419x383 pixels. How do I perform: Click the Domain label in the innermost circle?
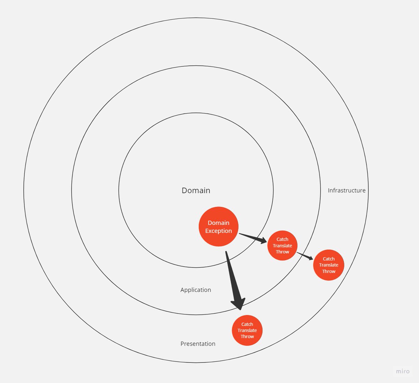tap(196, 190)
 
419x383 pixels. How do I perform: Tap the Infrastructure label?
tap(346, 190)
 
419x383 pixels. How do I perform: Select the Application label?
tap(196, 290)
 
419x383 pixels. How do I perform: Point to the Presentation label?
tap(198, 344)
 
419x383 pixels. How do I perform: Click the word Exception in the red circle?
tap(219, 231)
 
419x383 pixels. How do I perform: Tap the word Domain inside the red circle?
tap(219, 223)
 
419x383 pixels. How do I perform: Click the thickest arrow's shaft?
tap(232, 276)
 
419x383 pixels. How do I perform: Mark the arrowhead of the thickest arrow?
tap(238, 304)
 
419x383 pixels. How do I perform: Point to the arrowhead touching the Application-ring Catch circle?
tap(262, 240)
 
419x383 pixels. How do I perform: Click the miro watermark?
tap(403, 371)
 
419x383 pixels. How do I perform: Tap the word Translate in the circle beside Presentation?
tap(247, 330)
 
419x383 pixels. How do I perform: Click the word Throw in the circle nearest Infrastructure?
tap(329, 271)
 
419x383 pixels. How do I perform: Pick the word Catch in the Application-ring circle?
tap(282, 239)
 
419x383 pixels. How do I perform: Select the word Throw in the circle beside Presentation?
tap(247, 337)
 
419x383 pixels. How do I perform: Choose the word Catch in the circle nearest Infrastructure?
tap(329, 259)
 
